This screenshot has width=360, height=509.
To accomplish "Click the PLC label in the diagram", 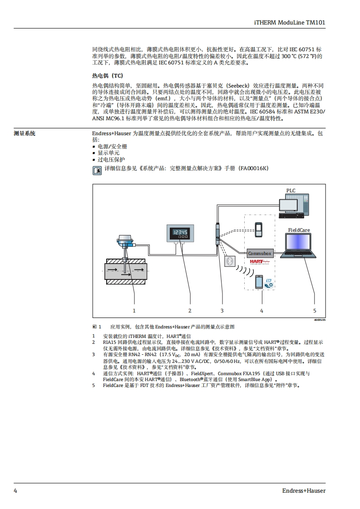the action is tap(291, 191).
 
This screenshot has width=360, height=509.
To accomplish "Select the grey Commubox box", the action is tap(260, 253).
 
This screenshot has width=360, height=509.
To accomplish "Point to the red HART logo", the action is tap(259, 262).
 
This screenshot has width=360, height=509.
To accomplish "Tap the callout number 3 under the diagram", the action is tap(222, 311).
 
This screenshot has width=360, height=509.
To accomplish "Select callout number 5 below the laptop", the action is tap(315, 311).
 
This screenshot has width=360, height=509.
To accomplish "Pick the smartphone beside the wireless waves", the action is tap(259, 282).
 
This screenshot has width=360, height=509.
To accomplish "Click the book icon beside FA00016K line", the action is tap(97, 171).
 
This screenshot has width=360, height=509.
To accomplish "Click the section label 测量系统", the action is tap(25, 134).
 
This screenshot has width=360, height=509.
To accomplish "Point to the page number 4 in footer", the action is tap(15, 490).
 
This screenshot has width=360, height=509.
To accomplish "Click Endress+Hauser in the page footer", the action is tap(304, 490).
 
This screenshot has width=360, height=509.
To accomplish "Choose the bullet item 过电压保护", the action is tap(111, 160).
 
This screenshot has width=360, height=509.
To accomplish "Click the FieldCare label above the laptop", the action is tap(299, 230).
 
